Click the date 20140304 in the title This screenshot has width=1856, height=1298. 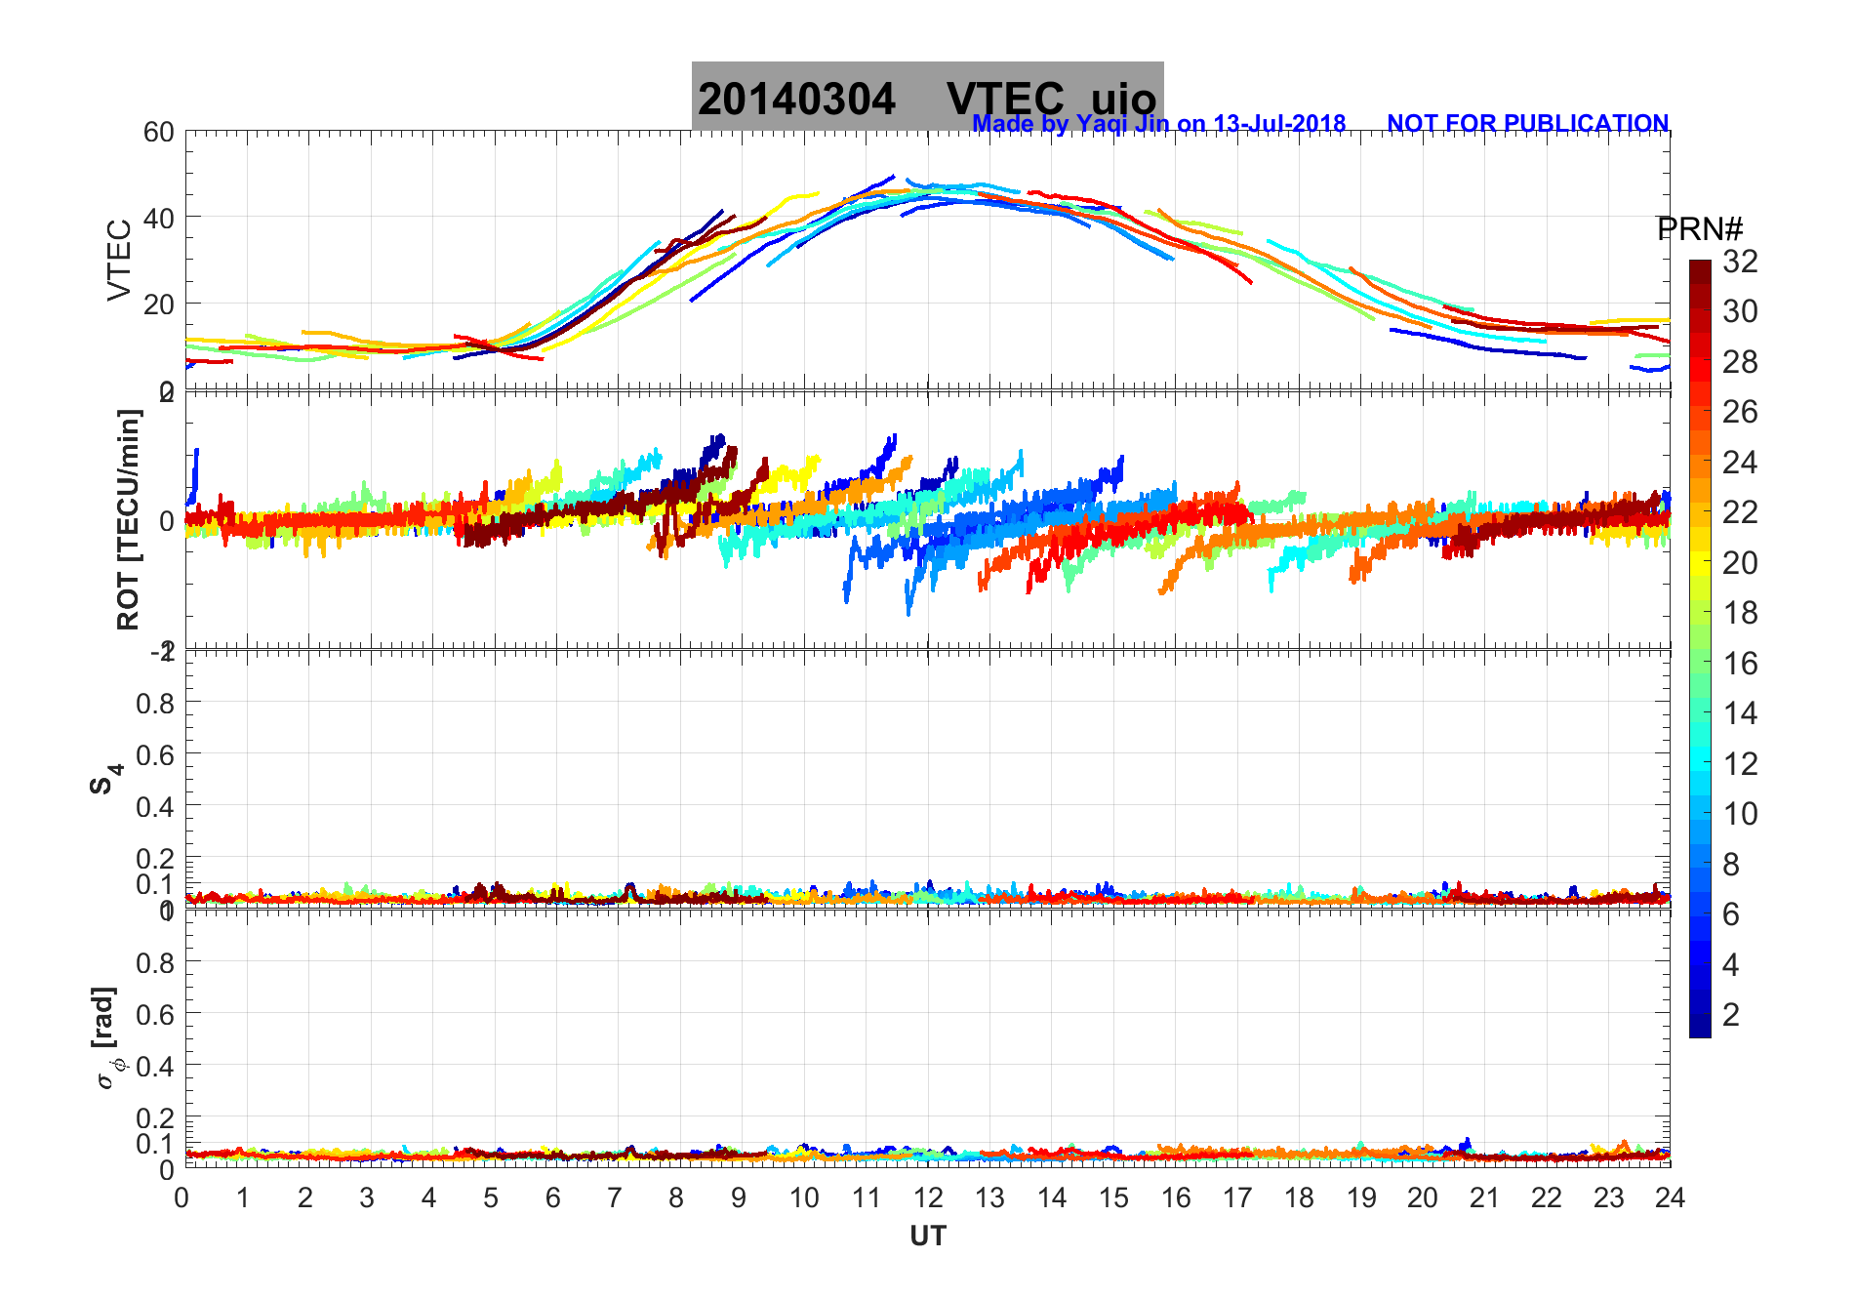click(796, 100)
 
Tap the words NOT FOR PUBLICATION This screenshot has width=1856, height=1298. click(1527, 124)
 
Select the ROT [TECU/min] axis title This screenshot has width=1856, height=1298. click(128, 519)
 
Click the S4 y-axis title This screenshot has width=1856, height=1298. click(106, 778)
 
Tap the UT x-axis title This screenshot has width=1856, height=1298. click(927, 1237)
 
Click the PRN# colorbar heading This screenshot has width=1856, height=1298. click(1700, 229)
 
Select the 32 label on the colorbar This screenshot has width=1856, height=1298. click(1740, 262)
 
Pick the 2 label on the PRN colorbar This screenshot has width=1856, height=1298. click(1731, 1015)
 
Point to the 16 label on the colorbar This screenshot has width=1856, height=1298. click(1740, 664)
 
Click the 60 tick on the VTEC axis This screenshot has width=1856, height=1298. click(159, 133)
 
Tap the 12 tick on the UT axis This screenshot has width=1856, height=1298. click(928, 1197)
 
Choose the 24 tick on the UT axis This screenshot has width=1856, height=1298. click(1670, 1197)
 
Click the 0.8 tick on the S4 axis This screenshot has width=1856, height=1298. click(155, 703)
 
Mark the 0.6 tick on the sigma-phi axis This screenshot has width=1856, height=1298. click(155, 1015)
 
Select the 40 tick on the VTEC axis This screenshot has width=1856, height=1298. click(159, 218)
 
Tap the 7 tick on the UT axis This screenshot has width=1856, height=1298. click(615, 1197)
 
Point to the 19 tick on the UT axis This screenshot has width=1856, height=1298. click(1361, 1197)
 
